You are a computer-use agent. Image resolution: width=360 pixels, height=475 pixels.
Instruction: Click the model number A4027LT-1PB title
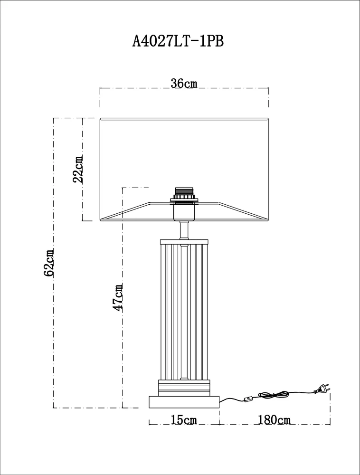(x=178, y=41)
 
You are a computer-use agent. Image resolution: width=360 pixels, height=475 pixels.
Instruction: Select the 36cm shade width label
(x=184, y=83)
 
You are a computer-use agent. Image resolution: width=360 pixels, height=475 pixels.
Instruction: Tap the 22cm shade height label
(x=78, y=169)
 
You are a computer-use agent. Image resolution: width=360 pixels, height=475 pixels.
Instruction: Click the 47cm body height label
(x=117, y=297)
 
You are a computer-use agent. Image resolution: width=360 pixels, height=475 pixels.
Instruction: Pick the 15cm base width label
(x=184, y=420)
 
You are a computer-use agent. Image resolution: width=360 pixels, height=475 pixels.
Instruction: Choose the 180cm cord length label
(x=275, y=420)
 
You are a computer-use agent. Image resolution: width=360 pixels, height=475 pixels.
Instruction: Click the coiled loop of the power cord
(x=273, y=395)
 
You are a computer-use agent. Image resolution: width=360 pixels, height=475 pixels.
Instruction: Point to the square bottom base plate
(x=184, y=402)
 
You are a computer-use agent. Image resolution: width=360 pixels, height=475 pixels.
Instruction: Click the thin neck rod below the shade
(x=184, y=230)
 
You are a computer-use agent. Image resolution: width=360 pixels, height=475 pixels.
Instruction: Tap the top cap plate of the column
(x=184, y=242)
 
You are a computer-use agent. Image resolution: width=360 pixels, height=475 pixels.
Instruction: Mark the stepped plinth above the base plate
(x=184, y=388)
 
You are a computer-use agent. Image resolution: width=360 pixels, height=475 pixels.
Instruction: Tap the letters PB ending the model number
(x=216, y=41)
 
